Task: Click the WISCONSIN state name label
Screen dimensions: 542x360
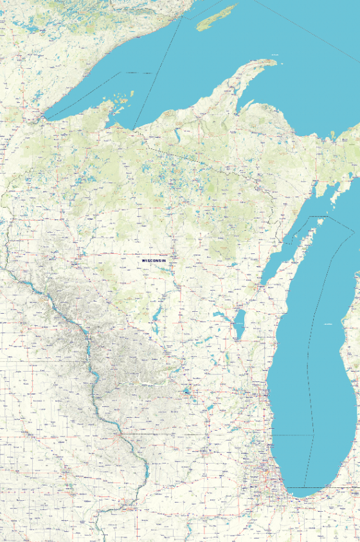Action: pyautogui.click(x=154, y=260)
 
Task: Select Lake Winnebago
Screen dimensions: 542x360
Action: pyautogui.click(x=239, y=324)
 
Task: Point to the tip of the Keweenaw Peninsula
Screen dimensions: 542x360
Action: pyautogui.click(x=273, y=62)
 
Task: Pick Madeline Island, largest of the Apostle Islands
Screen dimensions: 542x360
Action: pyautogui.click(x=122, y=100)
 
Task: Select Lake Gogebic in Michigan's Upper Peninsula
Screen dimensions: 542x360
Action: pyautogui.click(x=176, y=135)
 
